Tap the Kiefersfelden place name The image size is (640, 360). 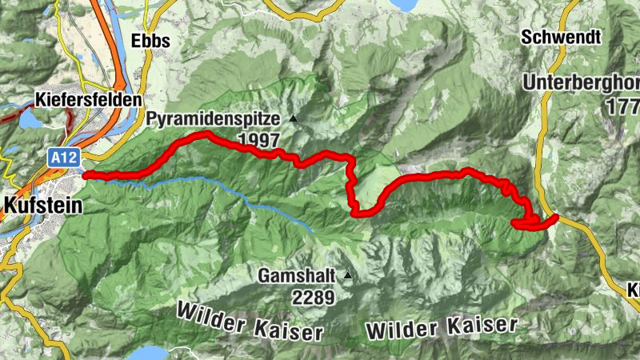[88, 101]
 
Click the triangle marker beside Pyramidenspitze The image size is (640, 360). [293, 119]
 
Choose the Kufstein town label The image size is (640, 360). [42, 206]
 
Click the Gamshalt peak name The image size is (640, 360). [297, 276]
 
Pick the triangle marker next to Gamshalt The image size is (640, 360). [347, 276]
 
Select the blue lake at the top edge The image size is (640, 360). [404, 4]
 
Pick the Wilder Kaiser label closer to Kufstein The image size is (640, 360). [250, 320]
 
